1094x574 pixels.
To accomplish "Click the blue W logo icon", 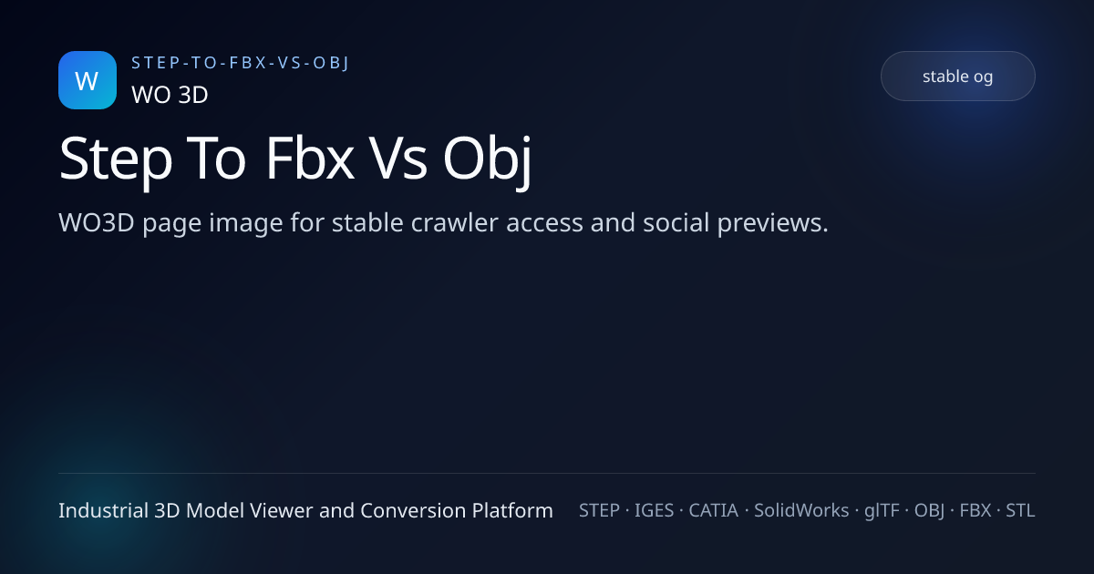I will [88, 80].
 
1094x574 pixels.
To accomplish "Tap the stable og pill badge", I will [957, 77].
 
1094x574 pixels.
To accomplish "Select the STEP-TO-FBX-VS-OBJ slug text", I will [241, 62].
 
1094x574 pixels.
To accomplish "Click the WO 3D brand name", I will [170, 95].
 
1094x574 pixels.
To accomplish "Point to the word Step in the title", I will [116, 159].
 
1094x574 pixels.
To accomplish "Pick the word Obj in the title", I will [487, 159].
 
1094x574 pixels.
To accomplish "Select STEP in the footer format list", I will [598, 510].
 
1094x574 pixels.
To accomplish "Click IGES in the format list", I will [654, 510].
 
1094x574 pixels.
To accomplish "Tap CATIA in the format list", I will [713, 510].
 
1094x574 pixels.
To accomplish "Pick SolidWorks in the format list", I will [801, 510].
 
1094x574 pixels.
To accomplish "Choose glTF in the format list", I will [883, 510].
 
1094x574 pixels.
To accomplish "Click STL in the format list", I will [1020, 510].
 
